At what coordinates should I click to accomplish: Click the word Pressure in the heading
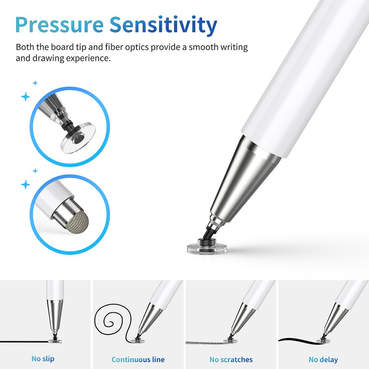tap(60, 25)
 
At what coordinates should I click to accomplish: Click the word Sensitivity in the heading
tap(163, 26)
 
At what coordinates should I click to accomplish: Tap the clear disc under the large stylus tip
tap(207, 249)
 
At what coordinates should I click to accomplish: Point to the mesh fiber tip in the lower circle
tap(77, 221)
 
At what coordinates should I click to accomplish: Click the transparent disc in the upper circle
tap(78, 138)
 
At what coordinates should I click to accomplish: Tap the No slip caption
tap(43, 359)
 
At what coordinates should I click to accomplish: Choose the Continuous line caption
tap(138, 359)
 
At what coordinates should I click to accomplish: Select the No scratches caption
tap(231, 359)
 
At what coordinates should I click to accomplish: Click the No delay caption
tap(323, 359)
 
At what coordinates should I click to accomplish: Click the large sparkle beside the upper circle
tap(25, 96)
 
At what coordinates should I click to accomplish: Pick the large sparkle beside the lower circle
tap(25, 184)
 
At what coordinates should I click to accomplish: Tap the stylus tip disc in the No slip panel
tap(55, 341)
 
